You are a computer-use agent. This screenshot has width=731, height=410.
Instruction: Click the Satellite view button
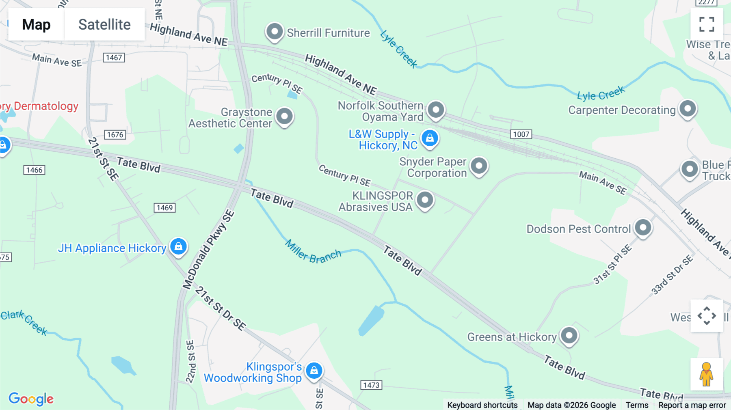(x=104, y=24)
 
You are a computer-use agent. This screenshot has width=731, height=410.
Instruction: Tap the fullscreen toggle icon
(x=707, y=24)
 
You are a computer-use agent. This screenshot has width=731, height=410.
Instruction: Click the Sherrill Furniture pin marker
(x=275, y=32)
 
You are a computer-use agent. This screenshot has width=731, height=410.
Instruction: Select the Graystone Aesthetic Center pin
(x=284, y=117)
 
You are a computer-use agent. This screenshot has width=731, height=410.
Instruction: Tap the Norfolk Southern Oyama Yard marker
(x=436, y=110)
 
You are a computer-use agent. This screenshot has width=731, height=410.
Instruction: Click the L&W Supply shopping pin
(x=430, y=138)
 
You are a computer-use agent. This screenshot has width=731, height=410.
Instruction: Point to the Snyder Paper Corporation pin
(x=479, y=166)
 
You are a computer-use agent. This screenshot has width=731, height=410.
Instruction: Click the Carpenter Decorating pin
(x=688, y=109)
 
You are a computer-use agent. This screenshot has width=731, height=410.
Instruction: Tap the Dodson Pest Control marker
(x=643, y=228)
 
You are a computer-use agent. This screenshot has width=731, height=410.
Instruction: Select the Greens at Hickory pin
(x=569, y=336)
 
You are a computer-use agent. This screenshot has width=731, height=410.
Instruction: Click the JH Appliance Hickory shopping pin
(x=178, y=246)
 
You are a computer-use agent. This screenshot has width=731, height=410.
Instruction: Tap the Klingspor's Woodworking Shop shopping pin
(x=314, y=371)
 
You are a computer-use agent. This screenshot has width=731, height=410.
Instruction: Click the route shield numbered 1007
(x=521, y=134)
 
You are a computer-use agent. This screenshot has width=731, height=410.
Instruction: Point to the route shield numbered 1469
(x=164, y=208)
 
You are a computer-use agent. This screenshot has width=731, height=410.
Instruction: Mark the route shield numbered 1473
(x=371, y=385)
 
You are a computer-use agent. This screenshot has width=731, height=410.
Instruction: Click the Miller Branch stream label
(x=313, y=252)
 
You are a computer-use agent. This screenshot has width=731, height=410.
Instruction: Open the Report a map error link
(x=692, y=405)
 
